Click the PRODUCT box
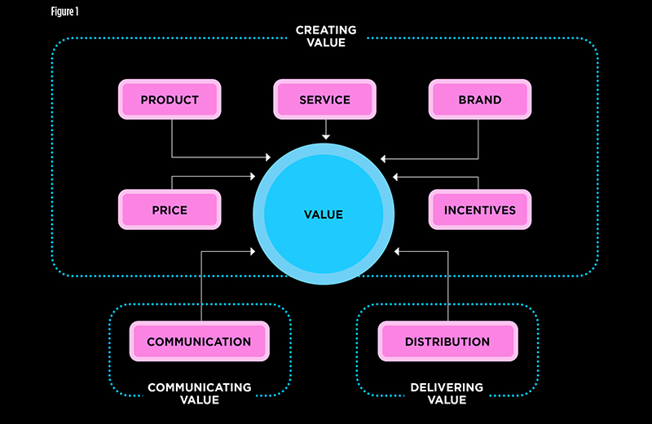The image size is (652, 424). point(170,100)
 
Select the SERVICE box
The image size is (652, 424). point(324,100)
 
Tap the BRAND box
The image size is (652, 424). point(479,100)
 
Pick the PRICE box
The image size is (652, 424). point(170,210)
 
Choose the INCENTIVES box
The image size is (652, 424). point(479,210)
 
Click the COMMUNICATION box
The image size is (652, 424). point(199,342)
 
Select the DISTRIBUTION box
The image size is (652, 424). point(447,342)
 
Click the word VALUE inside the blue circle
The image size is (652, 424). point(324,215)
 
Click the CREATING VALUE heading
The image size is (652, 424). point(326,37)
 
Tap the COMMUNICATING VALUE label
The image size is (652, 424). point(199,393)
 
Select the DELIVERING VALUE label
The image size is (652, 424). point(447,393)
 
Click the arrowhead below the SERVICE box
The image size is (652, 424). point(324,136)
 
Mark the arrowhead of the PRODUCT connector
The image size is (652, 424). point(267,157)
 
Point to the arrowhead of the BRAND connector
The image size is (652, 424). point(384,157)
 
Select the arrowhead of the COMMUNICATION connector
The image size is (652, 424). point(254,251)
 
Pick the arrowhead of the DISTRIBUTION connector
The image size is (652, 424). point(396,251)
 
